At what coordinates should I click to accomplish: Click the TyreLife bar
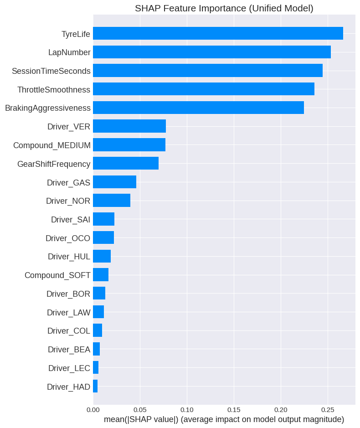[x=218, y=33]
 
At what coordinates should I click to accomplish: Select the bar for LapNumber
[x=212, y=52]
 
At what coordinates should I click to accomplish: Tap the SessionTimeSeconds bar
[x=208, y=71]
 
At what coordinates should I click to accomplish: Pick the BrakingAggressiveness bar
[x=198, y=108]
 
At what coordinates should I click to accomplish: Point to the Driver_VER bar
[x=129, y=126]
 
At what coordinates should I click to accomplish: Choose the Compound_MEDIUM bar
[x=129, y=145]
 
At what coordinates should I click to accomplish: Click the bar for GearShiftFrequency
[x=126, y=163]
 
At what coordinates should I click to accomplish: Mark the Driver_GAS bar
[x=114, y=182]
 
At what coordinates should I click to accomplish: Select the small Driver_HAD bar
[x=95, y=386]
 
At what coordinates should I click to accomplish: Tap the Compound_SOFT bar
[x=101, y=275]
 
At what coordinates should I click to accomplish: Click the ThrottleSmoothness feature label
[x=54, y=89]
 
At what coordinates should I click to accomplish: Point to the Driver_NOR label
[x=68, y=201]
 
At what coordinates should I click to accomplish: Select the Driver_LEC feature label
[x=69, y=368]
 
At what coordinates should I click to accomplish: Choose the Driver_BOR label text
[x=68, y=294]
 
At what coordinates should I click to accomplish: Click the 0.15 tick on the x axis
[x=234, y=409]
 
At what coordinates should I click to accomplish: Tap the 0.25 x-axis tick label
[x=328, y=409]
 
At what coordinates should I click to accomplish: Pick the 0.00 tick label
[x=93, y=409]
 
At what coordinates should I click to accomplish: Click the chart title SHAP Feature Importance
[x=224, y=8]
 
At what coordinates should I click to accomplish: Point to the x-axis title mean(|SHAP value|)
[x=224, y=419]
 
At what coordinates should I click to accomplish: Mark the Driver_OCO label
[x=68, y=238]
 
